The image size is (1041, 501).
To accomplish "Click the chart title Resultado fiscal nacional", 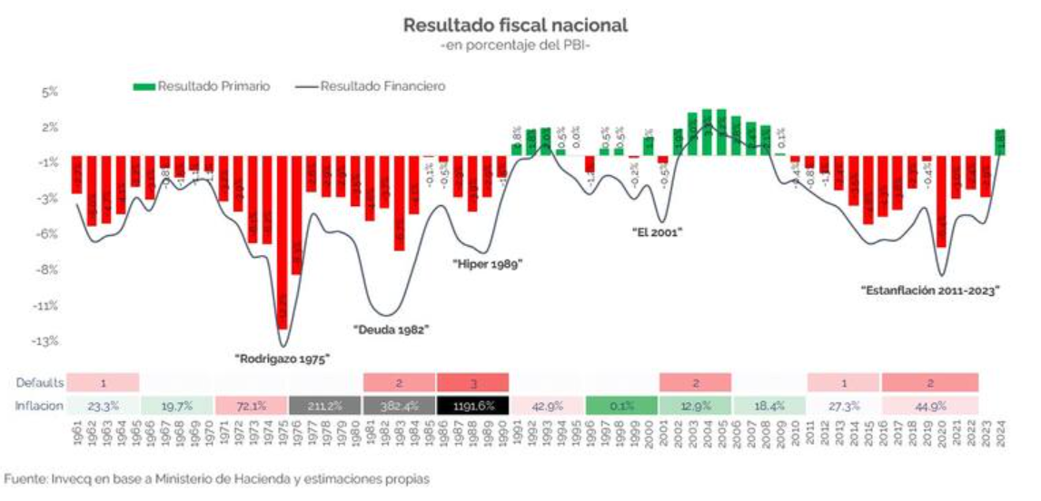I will coord(515,25).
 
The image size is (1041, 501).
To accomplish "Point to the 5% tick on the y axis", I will coord(48,92).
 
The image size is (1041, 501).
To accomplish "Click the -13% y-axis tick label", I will coord(45,341).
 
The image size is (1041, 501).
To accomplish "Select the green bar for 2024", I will coord(999,142).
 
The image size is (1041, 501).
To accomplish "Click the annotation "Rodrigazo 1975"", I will coord(282,359).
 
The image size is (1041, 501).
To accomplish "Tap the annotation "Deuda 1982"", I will coord(390,329).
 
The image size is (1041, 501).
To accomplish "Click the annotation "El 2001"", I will coord(657,231).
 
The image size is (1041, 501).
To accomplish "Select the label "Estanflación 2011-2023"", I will coord(929,291).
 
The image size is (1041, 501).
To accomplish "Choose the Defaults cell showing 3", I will coord(472,382).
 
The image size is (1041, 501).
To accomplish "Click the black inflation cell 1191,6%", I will coord(472,406).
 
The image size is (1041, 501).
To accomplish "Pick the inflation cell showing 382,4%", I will coord(398,406).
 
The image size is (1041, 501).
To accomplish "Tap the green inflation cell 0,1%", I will coord(621,406).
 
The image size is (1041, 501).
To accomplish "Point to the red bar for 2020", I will coord(941,201).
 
